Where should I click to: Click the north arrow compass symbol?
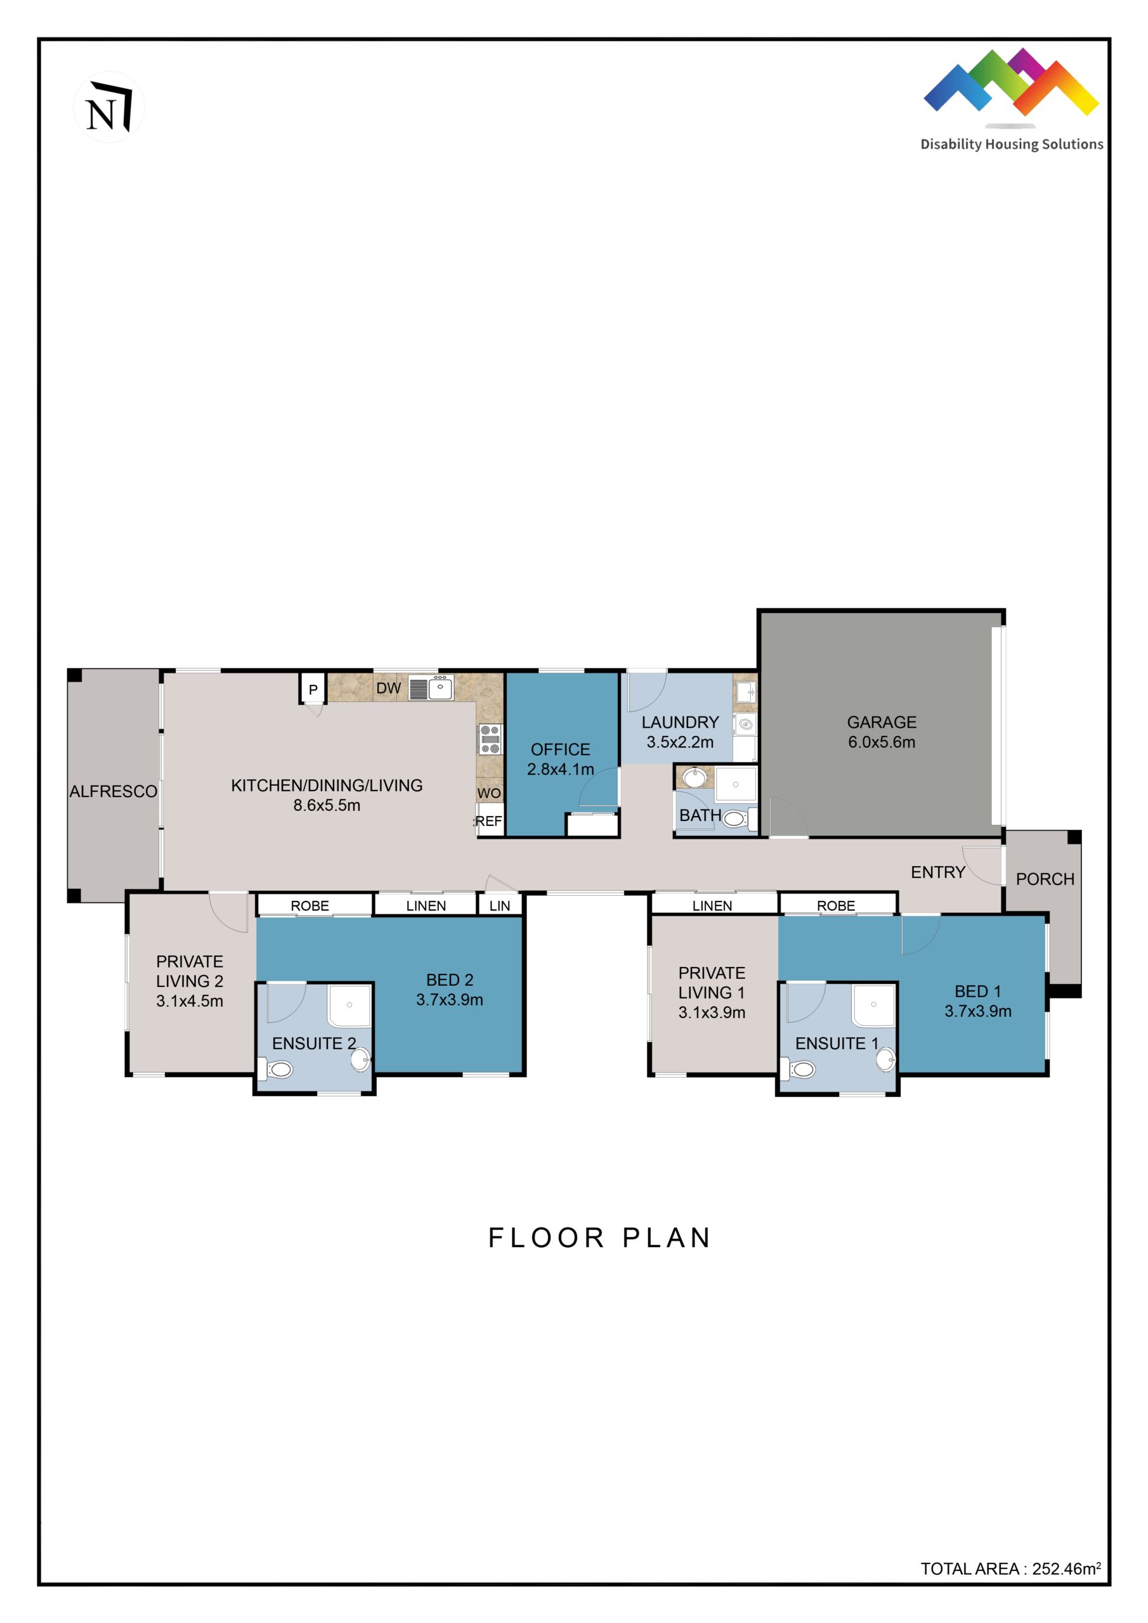pos(108,107)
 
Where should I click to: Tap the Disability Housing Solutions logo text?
pos(1011,144)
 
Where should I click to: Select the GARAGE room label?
pos(882,723)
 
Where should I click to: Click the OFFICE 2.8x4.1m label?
pos(560,759)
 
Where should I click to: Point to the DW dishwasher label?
pos(388,688)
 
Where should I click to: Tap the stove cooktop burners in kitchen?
pos(490,739)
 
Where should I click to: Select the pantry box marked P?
pos(313,689)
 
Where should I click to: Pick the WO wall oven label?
pos(489,793)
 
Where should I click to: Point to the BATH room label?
pos(700,816)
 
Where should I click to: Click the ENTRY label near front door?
pos(937,872)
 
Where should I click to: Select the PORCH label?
pos(1045,879)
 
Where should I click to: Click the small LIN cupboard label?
pos(499,906)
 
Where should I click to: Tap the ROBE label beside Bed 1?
pos(835,906)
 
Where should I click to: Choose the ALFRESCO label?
pos(113,792)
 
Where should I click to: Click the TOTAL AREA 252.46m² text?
pos(1010,1568)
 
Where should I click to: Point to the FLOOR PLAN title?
pos(599,1238)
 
